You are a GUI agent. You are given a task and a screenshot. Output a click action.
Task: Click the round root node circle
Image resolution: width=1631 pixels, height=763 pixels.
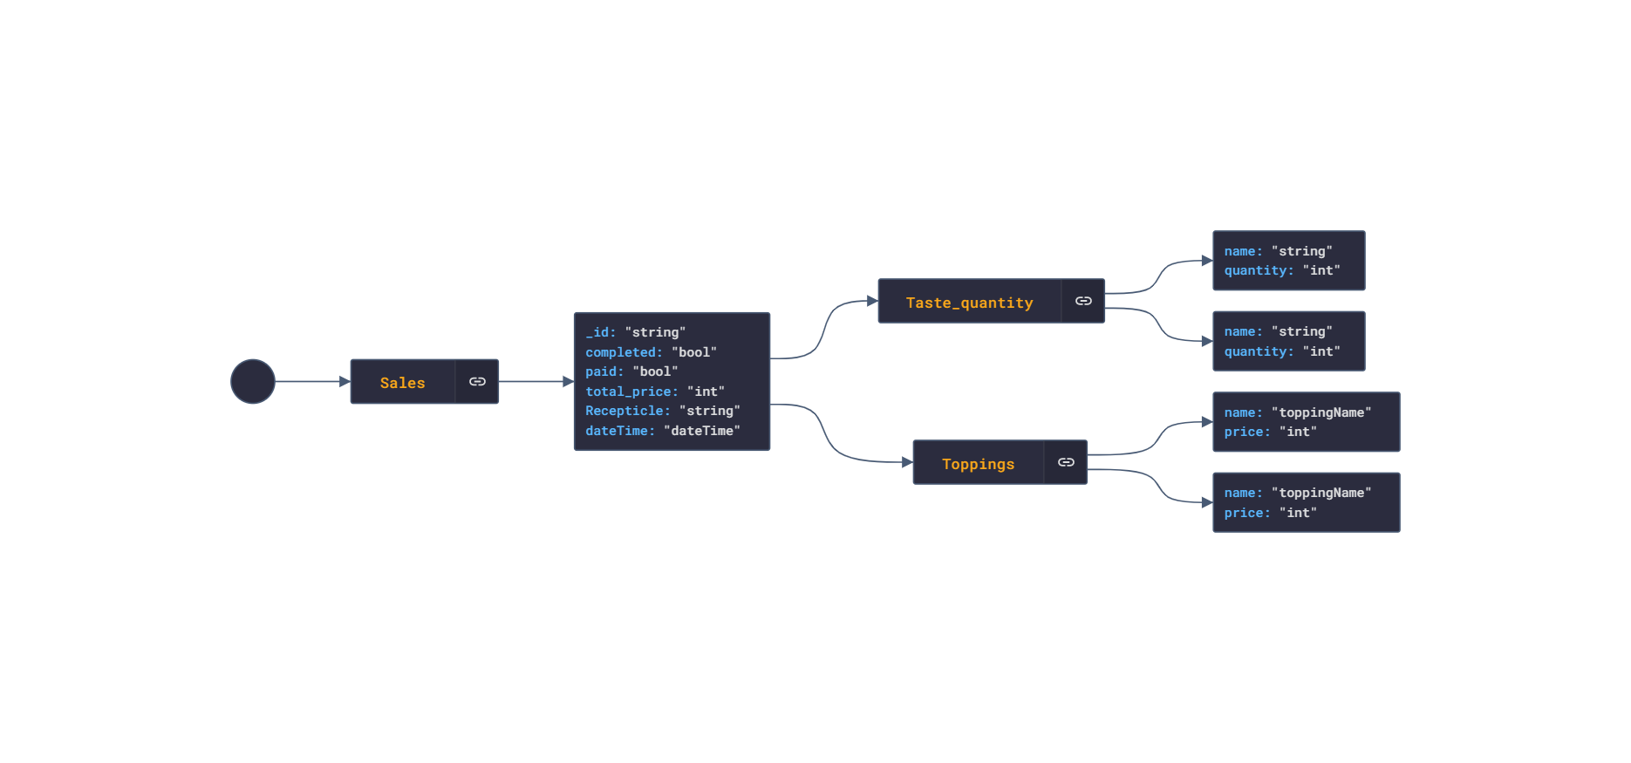point(253,382)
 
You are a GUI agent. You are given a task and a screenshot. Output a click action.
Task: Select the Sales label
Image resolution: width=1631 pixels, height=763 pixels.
point(402,383)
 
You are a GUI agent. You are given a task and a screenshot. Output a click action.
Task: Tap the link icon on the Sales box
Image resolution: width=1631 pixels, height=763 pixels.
point(477,382)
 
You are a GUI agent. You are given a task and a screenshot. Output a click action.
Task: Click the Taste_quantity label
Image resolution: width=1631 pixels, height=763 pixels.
point(969,303)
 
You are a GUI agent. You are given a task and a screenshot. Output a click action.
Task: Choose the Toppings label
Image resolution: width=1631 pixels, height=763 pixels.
point(978,464)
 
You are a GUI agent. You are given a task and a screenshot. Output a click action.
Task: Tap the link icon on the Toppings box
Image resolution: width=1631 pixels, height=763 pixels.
point(1066,462)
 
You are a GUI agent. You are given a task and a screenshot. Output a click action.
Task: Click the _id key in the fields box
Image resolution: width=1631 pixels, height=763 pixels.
point(600,332)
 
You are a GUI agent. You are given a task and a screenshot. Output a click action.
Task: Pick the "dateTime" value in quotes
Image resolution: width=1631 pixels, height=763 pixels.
point(702,431)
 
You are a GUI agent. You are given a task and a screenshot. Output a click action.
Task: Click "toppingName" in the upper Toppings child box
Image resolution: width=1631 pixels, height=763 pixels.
point(1321,412)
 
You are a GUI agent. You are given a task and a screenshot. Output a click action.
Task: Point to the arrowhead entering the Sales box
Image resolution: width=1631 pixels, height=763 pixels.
point(345,382)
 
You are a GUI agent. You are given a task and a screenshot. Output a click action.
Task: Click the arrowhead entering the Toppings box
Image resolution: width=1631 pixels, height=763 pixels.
point(907,462)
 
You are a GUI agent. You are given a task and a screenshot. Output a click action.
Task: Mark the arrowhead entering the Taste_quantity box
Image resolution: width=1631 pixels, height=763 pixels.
point(872,301)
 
